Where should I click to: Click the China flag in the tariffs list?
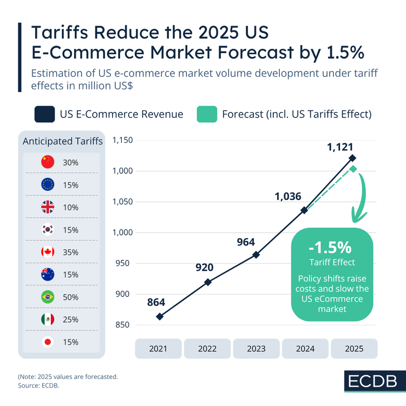48,162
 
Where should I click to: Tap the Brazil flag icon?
48,297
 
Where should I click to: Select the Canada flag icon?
48,252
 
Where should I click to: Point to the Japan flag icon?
48,342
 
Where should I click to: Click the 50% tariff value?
70,297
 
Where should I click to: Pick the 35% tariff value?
70,252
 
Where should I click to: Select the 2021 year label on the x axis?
159,349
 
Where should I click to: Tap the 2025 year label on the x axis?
354,349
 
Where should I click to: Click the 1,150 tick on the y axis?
122,141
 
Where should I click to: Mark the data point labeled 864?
160,316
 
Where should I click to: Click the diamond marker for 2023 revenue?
256,254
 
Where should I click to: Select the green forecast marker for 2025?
353,169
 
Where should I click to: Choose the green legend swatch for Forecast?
206,114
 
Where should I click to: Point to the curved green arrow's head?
358,218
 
